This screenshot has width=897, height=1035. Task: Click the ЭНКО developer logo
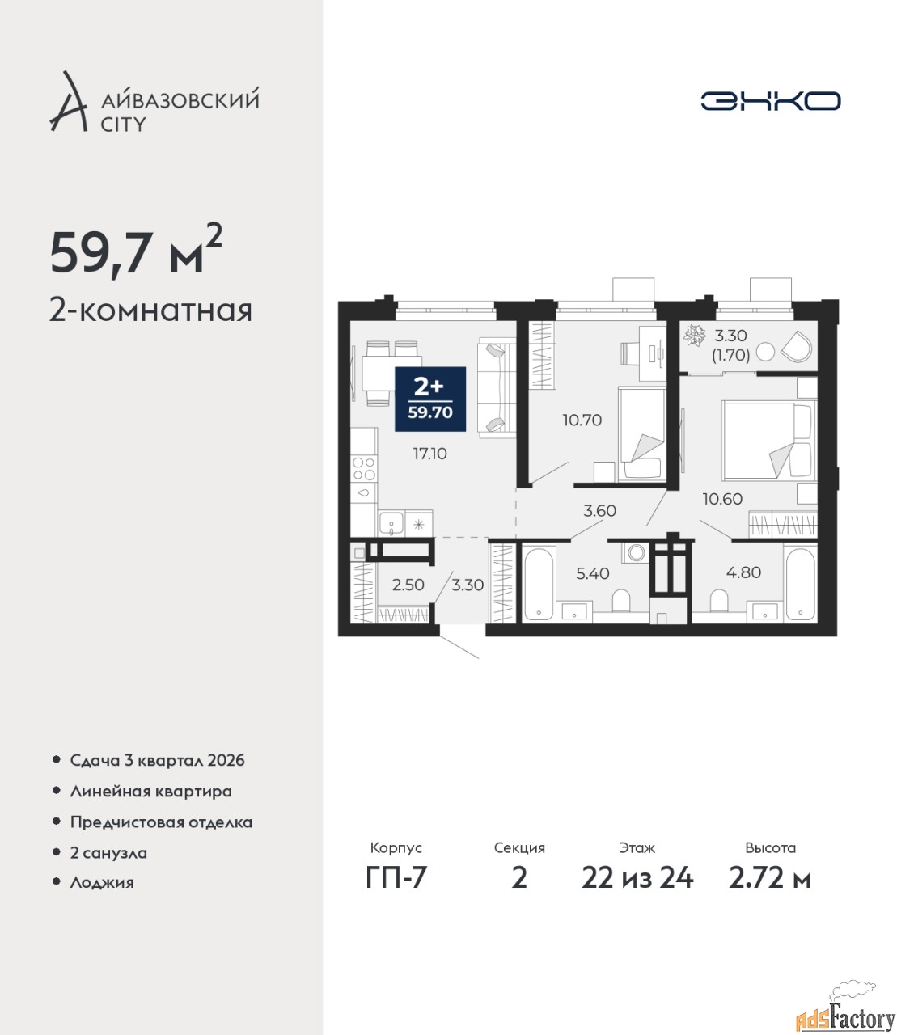click(x=770, y=100)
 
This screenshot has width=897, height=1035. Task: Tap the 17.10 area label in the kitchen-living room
click(x=429, y=454)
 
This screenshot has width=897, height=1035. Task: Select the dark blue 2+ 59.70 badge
click(x=430, y=399)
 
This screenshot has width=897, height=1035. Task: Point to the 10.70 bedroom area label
click(x=582, y=420)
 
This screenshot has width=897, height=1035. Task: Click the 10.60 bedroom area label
click(x=722, y=499)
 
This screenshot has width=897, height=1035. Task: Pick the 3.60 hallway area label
click(x=599, y=511)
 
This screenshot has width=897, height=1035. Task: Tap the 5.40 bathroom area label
click(x=593, y=573)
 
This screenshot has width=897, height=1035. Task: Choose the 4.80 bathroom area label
click(x=744, y=572)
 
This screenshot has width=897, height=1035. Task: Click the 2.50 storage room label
click(x=408, y=585)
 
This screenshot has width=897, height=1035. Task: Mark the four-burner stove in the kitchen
click(x=364, y=469)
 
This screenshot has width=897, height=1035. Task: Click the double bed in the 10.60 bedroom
click(x=766, y=441)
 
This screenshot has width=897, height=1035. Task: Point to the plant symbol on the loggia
click(x=695, y=335)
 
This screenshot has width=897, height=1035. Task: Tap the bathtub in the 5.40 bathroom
click(x=539, y=584)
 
